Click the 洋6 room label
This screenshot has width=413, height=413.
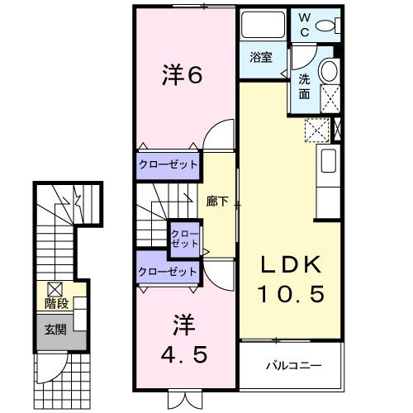[x=180, y=76]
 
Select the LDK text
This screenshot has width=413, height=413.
[x=288, y=266]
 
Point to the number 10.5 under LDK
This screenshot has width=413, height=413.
[x=288, y=293]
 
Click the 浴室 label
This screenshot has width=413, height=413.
[x=263, y=59]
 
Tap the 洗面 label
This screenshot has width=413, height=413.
[x=304, y=86]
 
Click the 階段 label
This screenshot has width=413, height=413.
[x=56, y=304]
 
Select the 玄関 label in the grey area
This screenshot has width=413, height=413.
[x=56, y=330]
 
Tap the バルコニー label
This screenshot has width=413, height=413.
[x=291, y=364]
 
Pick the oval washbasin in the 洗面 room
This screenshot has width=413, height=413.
[x=330, y=69]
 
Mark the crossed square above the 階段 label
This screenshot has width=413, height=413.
[x=55, y=289]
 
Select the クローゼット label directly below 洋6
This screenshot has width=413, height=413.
[x=168, y=164]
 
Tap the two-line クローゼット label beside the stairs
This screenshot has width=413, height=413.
[x=184, y=240]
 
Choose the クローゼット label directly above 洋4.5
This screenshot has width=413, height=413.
[x=168, y=271]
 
